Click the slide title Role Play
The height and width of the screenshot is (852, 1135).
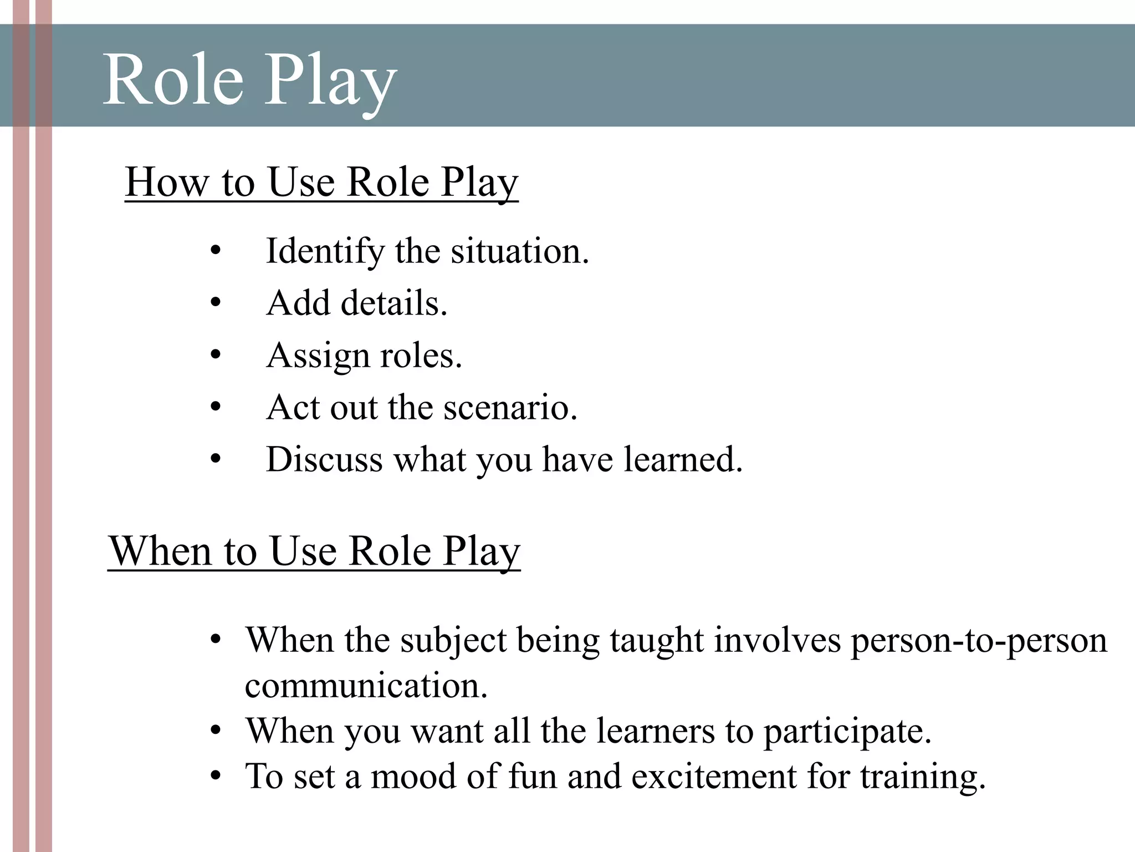tap(249, 80)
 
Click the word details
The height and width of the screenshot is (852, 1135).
tap(393, 303)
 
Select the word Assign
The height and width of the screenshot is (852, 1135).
tap(318, 356)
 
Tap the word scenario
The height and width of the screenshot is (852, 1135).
tap(510, 408)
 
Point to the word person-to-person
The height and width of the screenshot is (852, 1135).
tap(979, 641)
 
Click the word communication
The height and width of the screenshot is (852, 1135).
tap(366, 686)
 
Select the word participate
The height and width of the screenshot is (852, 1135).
tap(847, 731)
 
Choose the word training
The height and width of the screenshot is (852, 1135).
tap(923, 777)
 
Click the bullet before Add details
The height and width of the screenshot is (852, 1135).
tap(216, 303)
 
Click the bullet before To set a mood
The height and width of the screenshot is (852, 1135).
tap(216, 776)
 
